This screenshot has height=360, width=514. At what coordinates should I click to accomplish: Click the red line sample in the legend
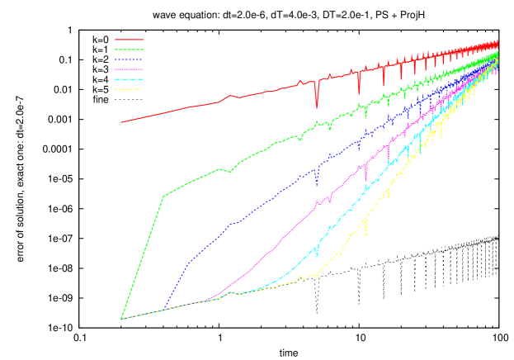[129, 39]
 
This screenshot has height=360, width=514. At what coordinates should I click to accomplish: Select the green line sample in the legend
[129, 50]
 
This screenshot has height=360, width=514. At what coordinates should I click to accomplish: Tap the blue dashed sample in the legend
[129, 59]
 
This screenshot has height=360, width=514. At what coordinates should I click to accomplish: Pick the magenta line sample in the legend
[129, 69]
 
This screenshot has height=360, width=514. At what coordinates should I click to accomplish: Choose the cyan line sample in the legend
[129, 79]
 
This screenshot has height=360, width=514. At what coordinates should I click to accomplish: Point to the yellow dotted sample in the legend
[129, 89]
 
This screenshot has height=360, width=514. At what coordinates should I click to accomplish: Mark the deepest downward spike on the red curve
[317, 107]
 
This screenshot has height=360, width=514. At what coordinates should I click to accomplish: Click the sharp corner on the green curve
[163, 197]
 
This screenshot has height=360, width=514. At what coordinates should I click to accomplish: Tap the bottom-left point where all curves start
[121, 319]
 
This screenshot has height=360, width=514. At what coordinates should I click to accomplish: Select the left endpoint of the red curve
[121, 122]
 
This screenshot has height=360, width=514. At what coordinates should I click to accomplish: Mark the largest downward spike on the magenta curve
[365, 180]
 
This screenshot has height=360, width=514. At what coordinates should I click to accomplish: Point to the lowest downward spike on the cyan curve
[315, 258]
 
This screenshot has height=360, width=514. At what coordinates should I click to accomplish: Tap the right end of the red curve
[497, 42]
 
